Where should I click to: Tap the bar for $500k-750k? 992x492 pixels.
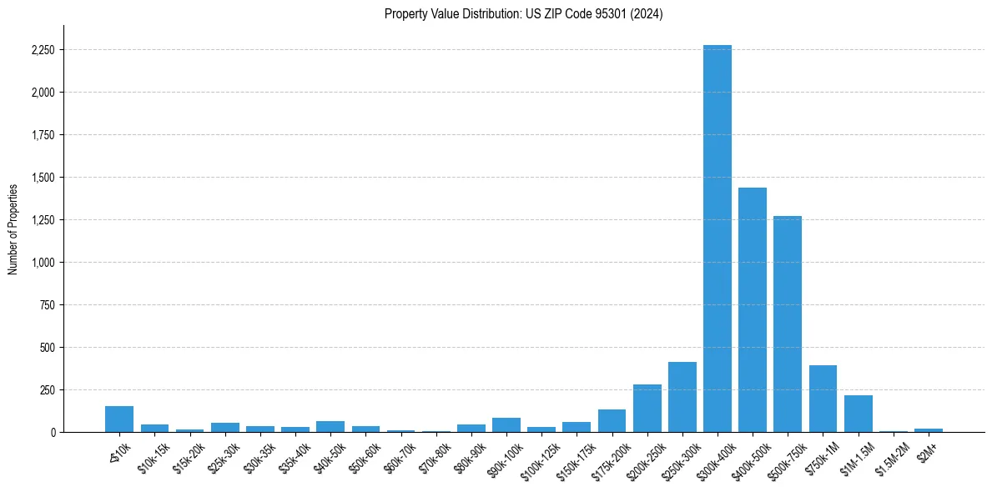pyautogui.click(x=788, y=324)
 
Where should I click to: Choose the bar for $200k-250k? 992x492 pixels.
pyautogui.click(x=647, y=409)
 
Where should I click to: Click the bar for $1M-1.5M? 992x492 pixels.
pyautogui.click(x=858, y=414)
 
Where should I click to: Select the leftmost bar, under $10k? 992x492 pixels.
pyautogui.click(x=119, y=419)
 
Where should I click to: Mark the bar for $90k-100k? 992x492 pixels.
pyautogui.click(x=506, y=425)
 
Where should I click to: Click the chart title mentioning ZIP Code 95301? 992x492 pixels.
pyautogui.click(x=523, y=14)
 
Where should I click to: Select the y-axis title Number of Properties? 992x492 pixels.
pyautogui.click(x=13, y=229)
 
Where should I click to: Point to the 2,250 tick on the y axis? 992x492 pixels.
pyautogui.click(x=42, y=50)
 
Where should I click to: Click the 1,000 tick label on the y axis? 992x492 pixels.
pyautogui.click(x=42, y=263)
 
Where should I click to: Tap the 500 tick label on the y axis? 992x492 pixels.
pyautogui.click(x=47, y=348)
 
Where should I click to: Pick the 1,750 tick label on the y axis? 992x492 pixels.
pyautogui.click(x=42, y=135)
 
